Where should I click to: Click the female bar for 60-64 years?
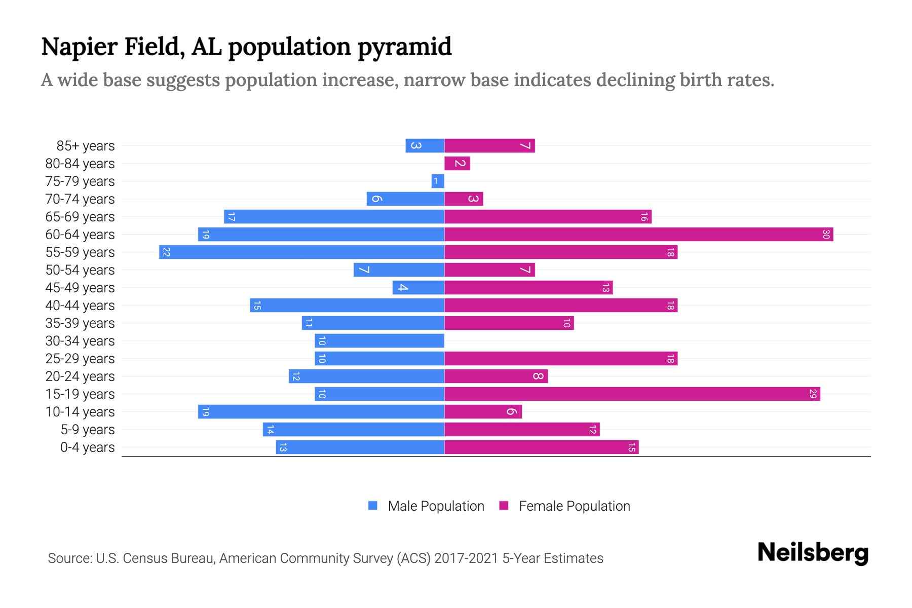click(x=638, y=234)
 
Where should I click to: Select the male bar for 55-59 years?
click(x=301, y=252)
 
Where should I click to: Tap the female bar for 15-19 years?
click(x=632, y=394)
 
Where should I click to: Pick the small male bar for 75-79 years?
click(x=438, y=181)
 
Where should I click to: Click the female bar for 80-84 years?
click(x=457, y=163)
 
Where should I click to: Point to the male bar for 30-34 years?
click(x=379, y=340)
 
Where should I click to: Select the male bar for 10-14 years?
click(x=321, y=411)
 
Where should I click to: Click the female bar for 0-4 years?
click(x=541, y=447)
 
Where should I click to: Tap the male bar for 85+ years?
click(x=425, y=145)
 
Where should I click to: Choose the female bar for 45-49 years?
click(x=528, y=287)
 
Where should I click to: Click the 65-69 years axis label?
click(x=80, y=217)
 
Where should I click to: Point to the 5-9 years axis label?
click(x=88, y=430)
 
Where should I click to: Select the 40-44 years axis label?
click(x=80, y=306)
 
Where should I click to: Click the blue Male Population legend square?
click(x=373, y=506)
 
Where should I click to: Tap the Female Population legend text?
click(x=574, y=506)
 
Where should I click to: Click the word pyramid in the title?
click(x=404, y=47)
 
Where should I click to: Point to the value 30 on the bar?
click(x=825, y=234)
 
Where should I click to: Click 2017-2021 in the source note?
click(x=466, y=558)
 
